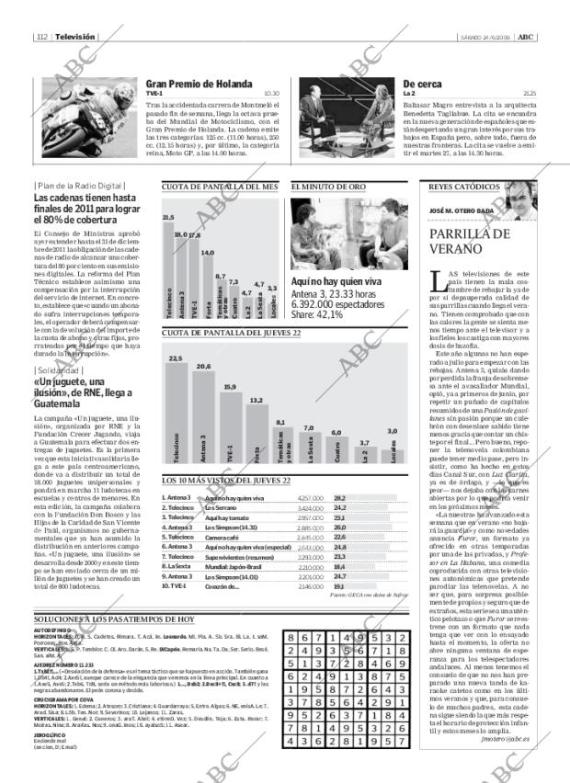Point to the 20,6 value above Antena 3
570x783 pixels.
click(203, 367)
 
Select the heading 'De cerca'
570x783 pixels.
click(424, 85)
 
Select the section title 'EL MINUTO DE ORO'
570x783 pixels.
click(328, 187)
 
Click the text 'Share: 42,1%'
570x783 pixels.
click(317, 314)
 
